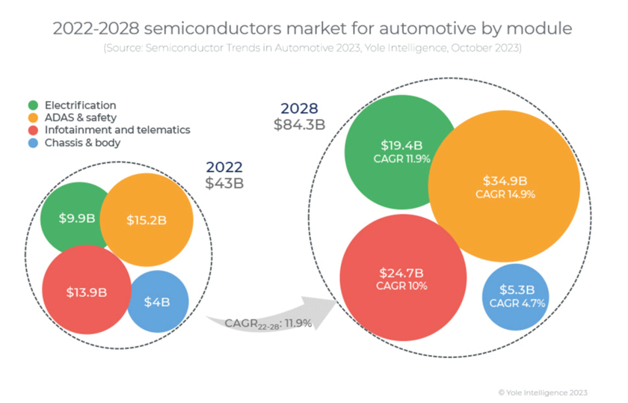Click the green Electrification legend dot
click(x=34, y=105)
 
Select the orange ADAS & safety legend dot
click(x=34, y=117)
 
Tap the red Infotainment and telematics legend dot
click(x=34, y=130)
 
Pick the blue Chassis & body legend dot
click(x=34, y=142)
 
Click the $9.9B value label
click(x=77, y=218)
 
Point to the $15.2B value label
click(x=147, y=220)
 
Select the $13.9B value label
click(x=87, y=292)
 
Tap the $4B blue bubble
click(x=157, y=302)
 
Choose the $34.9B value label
click(x=505, y=180)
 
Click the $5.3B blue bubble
click(x=517, y=290)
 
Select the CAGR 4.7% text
click(x=517, y=304)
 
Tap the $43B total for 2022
click(x=224, y=182)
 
